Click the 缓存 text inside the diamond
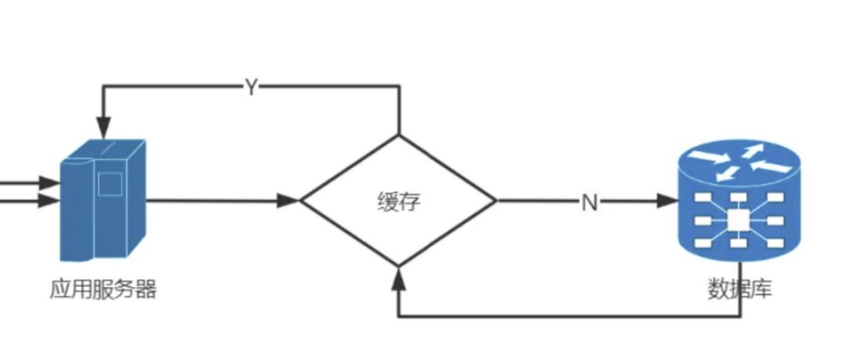tap(398, 202)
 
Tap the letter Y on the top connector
tap(251, 86)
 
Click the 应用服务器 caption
tap(104, 289)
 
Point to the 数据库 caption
tap(740, 289)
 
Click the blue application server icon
tap(103, 200)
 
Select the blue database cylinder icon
tap(739, 201)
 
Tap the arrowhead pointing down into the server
tap(104, 126)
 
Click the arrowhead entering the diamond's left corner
tap(288, 201)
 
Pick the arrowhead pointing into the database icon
tap(667, 201)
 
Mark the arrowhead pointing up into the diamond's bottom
tap(398, 278)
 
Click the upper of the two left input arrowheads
tap(50, 183)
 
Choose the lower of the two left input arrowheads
tap(50, 201)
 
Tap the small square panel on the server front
tap(110, 184)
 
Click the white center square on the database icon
tap(738, 220)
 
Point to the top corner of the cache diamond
tap(398, 135)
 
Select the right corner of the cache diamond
tap(496, 201)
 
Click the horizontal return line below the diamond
tap(569, 315)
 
